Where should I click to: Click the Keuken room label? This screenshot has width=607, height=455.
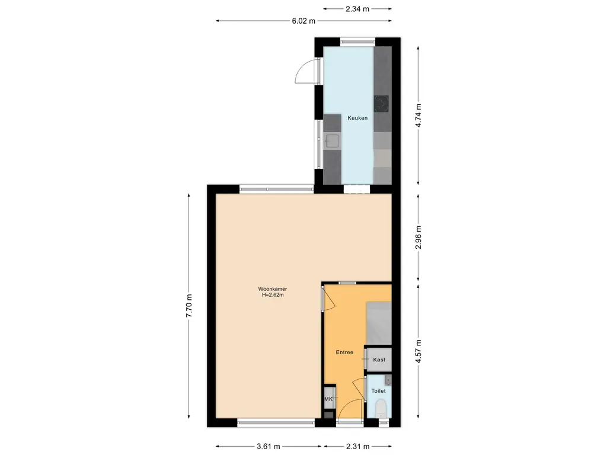point(357,118)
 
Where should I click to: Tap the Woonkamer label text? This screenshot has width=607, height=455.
point(273,289)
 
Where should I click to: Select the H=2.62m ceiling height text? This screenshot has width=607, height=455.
point(273,295)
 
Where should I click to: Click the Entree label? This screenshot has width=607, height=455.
point(344,353)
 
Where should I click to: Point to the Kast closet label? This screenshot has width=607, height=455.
point(379,360)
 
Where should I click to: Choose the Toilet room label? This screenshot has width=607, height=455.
point(379,391)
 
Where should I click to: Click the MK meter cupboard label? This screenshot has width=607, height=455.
point(328,399)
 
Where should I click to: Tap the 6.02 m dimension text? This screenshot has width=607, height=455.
point(303,21)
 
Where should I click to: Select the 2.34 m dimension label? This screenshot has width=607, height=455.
point(357,9)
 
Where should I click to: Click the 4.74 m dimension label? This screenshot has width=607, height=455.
point(418,116)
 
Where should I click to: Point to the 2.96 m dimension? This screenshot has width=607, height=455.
point(418,237)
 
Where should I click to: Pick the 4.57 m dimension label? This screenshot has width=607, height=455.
point(418,351)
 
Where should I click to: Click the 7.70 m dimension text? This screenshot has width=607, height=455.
point(189,306)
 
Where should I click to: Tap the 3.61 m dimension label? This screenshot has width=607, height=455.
point(269,447)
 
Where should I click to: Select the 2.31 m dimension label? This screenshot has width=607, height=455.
point(357,447)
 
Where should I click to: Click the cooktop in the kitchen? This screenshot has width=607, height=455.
point(381,104)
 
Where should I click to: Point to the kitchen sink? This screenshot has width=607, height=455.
point(332,141)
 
